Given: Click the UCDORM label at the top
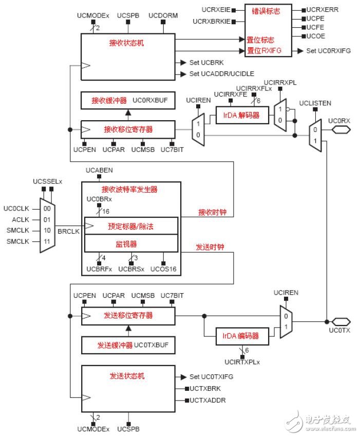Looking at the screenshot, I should tap(163, 16).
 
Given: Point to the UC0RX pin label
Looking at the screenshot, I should tap(339, 121).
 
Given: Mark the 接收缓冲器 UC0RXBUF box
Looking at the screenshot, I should tap(128, 101).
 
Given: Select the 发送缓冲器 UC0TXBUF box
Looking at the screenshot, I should tap(128, 345).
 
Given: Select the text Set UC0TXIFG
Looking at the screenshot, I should tap(211, 376).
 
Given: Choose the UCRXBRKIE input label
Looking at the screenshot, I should tap(212, 22).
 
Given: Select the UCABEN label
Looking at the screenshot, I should tap(99, 170).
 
